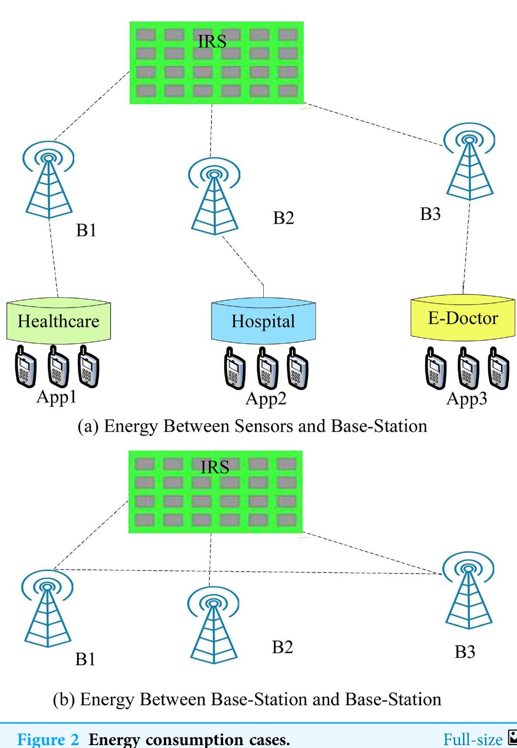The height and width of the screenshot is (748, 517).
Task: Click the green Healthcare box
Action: pos(58,321)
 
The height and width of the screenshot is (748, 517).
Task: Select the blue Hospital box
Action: pos(263,321)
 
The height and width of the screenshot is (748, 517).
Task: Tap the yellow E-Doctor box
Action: pos(463,317)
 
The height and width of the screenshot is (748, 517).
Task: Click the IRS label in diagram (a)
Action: pos(212,42)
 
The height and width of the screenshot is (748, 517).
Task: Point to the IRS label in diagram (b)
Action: pos(215,467)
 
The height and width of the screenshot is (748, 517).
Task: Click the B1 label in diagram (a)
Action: pos(86,230)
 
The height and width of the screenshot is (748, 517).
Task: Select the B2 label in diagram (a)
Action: pos(283,218)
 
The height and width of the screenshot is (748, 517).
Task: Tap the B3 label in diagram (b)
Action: pos(465,652)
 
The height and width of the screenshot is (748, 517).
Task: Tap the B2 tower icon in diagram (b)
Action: pos(214,625)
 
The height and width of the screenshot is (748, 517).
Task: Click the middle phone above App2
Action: pos(267,369)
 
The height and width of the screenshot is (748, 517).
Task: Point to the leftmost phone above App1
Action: pos(25,366)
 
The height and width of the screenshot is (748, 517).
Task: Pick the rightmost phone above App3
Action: pos(499,369)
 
